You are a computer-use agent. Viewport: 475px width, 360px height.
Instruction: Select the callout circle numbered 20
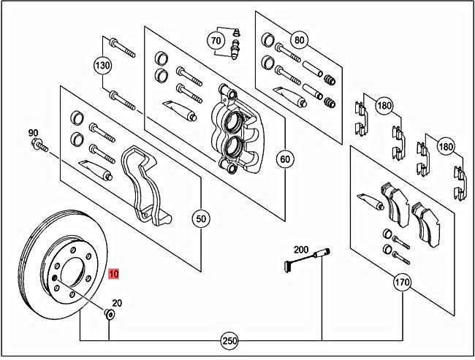[117, 302]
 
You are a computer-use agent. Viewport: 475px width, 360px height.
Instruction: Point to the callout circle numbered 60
[285, 158]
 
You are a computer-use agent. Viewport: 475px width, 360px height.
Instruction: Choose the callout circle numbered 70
[216, 40]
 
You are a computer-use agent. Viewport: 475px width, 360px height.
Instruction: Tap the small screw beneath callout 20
[109, 315]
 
